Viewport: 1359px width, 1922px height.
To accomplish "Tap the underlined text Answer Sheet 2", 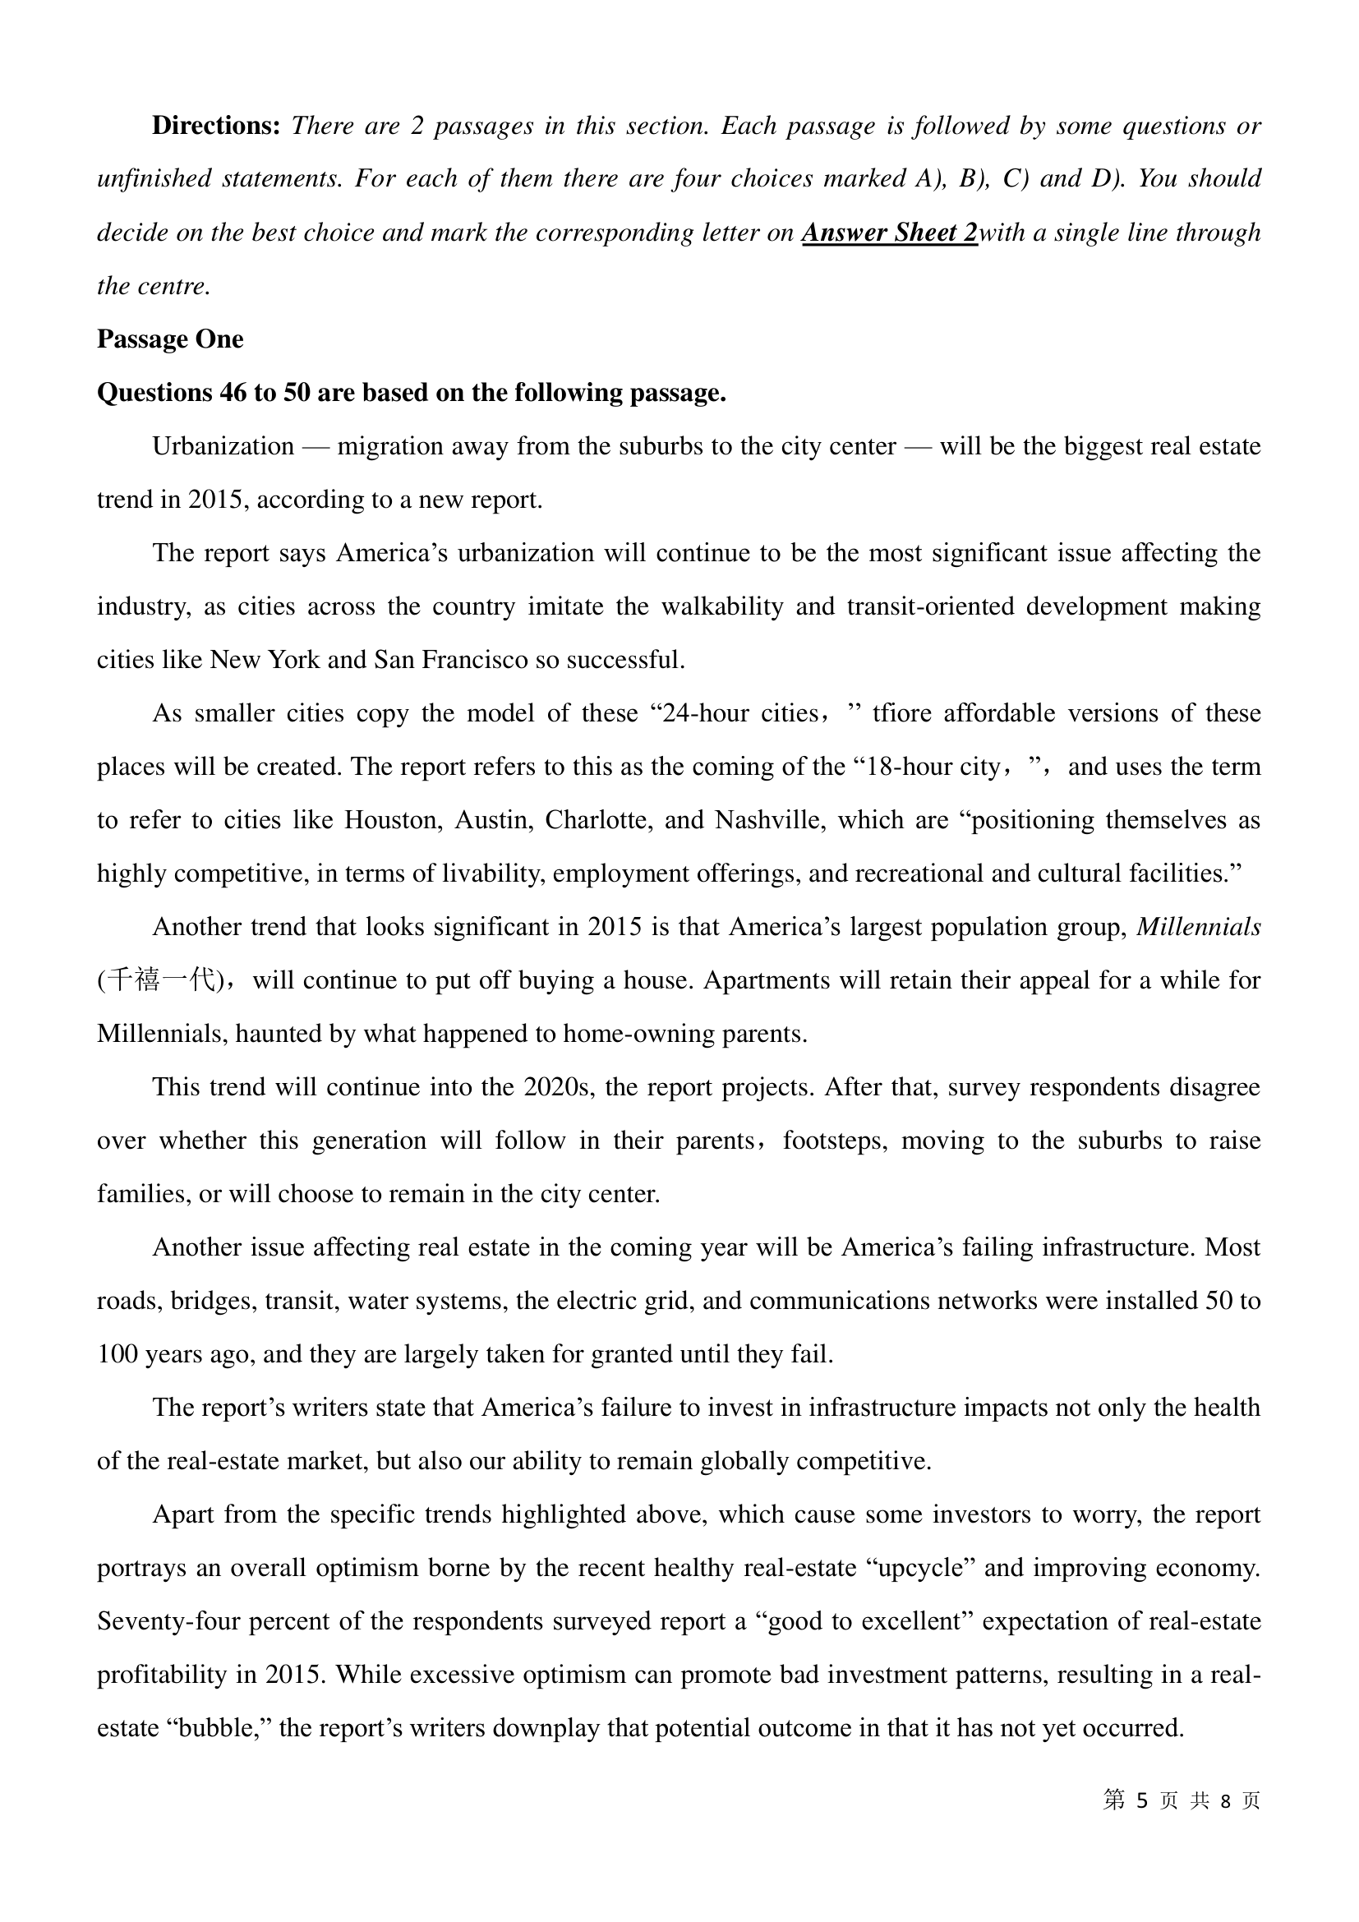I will [x=889, y=233].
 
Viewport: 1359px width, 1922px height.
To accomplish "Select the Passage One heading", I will [x=170, y=339].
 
